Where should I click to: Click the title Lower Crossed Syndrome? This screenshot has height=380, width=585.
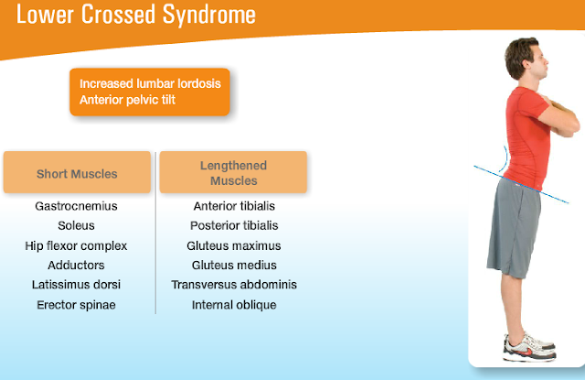(x=135, y=16)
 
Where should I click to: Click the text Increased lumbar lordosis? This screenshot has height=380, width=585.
(x=150, y=83)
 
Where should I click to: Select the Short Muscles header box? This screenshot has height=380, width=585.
(x=77, y=173)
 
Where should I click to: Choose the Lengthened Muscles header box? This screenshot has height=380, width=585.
(x=233, y=173)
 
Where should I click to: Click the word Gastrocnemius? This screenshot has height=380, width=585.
(x=76, y=206)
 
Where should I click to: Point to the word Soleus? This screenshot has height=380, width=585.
(x=76, y=225)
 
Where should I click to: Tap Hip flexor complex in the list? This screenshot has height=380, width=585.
(x=76, y=245)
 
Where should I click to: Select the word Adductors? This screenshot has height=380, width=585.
(x=76, y=265)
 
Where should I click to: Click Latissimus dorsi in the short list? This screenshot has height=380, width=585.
(x=76, y=285)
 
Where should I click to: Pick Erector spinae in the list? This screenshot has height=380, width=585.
(x=76, y=305)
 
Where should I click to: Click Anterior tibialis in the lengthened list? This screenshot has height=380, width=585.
(x=234, y=206)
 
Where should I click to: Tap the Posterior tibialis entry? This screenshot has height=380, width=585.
(x=234, y=225)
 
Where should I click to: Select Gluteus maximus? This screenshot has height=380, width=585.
(x=234, y=245)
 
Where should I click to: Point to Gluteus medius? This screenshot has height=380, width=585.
(x=234, y=265)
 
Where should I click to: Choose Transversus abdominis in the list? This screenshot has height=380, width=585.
(x=234, y=285)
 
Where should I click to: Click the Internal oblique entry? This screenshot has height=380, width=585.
(x=234, y=305)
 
